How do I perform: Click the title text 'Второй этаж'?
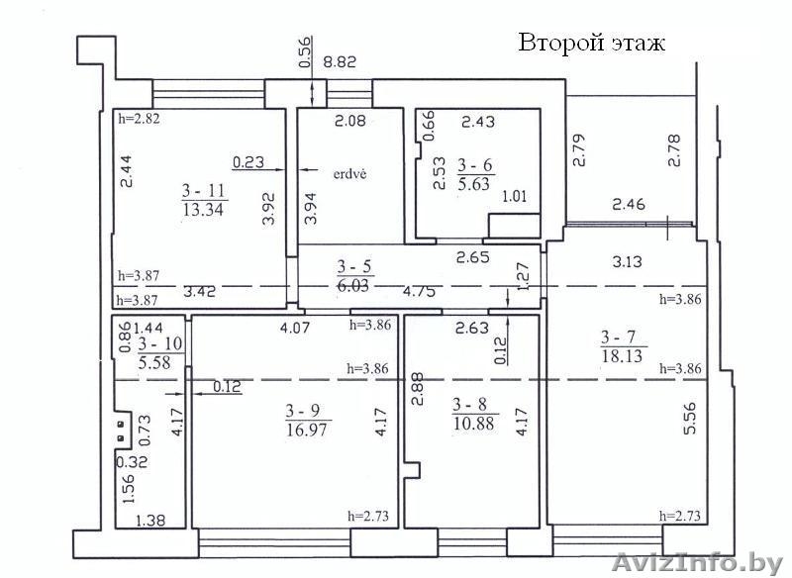coord(591,43)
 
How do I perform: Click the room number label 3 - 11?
coord(203,191)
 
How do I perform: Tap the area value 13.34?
coord(203,209)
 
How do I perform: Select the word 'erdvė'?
coord(350,174)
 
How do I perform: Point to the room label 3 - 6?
coord(475,165)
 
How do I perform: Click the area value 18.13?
coord(622,356)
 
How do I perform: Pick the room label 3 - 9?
coord(303,411)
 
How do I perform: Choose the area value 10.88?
coord(474,423)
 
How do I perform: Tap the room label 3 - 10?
coord(160,343)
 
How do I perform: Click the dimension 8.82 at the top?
coord(340,61)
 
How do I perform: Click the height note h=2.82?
coord(139,119)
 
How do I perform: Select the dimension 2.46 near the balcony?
coord(629,204)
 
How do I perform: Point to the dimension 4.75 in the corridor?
coord(419,291)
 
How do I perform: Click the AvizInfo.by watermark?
coord(700,563)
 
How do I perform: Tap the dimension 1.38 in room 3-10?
coord(151,520)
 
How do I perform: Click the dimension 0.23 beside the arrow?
coord(248,161)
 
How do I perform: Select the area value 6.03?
coord(356,285)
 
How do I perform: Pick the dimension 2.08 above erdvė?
coord(350,121)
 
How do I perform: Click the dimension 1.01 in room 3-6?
coord(514,195)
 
